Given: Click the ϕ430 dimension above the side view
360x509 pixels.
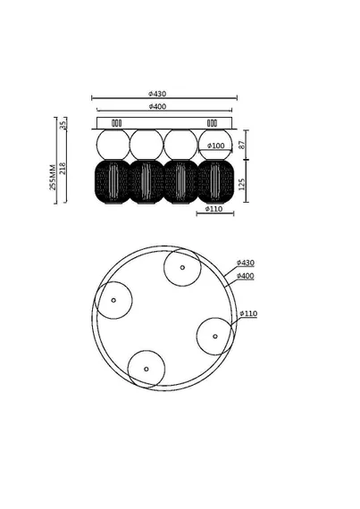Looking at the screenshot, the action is (157, 94).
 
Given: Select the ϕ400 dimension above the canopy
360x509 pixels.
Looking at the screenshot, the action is (157, 106).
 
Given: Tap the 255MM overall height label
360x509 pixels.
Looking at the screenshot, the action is (53, 177).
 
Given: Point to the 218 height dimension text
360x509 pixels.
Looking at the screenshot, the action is (63, 169).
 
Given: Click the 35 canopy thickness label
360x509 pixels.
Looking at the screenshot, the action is (63, 123).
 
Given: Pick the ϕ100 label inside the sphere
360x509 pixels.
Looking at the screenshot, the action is (215, 146).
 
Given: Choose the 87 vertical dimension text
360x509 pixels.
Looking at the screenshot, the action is (242, 145).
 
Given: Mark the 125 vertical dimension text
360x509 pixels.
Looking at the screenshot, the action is (242, 184).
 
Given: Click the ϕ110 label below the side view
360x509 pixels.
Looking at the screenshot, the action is (213, 209).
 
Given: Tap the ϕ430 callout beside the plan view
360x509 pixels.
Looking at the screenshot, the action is (246, 263).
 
